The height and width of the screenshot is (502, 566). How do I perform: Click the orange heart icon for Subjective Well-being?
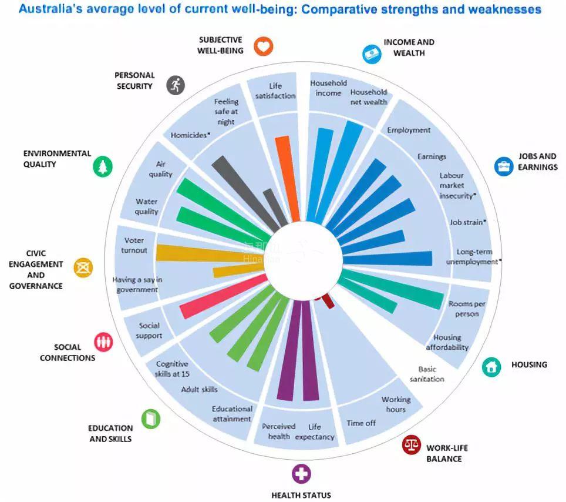[264, 46]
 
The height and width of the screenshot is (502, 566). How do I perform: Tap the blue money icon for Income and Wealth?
[372, 53]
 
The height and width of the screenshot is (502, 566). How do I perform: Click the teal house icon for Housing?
[491, 367]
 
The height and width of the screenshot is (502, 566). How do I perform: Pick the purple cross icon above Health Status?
[301, 473]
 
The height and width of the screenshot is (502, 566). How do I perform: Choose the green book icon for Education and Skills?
[150, 419]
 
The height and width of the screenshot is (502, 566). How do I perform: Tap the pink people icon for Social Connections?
[104, 342]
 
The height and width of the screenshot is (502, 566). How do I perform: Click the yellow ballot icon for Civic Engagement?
[83, 268]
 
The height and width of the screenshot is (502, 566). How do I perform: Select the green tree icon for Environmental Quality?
[103, 167]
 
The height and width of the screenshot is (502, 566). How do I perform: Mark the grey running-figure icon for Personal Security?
[175, 85]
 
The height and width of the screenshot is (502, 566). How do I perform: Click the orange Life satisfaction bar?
[285, 176]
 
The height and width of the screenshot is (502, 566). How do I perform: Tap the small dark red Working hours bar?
[327, 302]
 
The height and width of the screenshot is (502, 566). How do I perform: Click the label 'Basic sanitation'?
[427, 374]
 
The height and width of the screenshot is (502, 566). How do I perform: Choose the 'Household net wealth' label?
[369, 97]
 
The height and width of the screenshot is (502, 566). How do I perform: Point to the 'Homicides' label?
[189, 135]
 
